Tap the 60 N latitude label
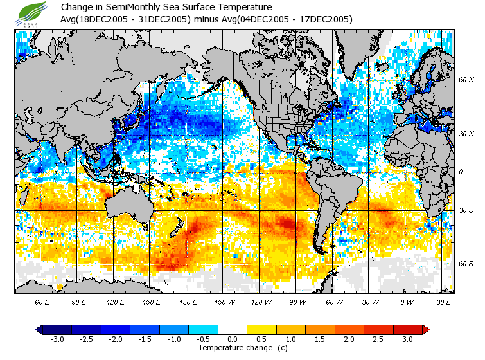(466, 80)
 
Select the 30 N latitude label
(466, 134)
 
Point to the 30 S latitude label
(466, 210)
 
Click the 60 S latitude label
(466, 264)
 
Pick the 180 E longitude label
(188, 302)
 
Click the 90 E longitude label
(79, 302)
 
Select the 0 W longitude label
(407, 302)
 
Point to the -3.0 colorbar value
(57, 339)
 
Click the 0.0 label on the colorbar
(233, 339)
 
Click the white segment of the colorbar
(233, 329)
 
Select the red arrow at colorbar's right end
(426, 329)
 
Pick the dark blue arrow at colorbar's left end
(39, 329)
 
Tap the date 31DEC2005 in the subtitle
(163, 20)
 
